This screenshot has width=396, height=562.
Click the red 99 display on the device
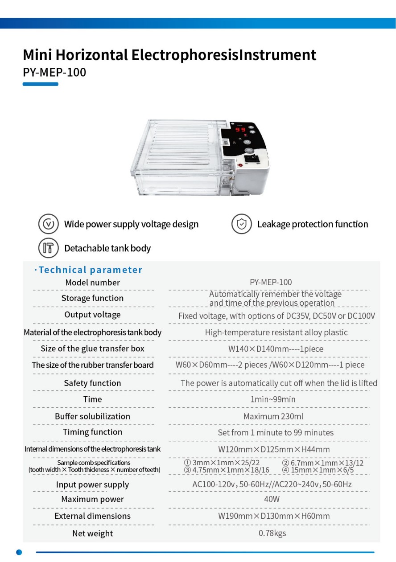(240, 129)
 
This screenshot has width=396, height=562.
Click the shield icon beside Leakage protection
(241, 224)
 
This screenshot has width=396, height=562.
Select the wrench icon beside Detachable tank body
(49, 248)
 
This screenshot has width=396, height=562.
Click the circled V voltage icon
(49, 224)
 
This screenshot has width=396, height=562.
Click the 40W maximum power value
(272, 499)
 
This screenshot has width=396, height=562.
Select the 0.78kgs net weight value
(272, 533)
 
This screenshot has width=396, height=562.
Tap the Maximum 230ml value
(273, 416)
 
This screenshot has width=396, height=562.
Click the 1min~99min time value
(273, 399)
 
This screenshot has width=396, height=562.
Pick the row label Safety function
(92, 383)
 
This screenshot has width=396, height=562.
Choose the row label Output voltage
(92, 314)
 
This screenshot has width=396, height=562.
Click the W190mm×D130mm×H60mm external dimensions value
(274, 516)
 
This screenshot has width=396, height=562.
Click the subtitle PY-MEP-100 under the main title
(54, 72)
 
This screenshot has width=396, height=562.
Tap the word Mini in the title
(37, 55)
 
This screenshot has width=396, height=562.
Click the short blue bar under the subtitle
(41, 84)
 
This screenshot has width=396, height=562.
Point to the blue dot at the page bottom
(19, 552)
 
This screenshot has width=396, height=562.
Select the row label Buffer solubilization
(92, 416)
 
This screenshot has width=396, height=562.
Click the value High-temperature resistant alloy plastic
(276, 332)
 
